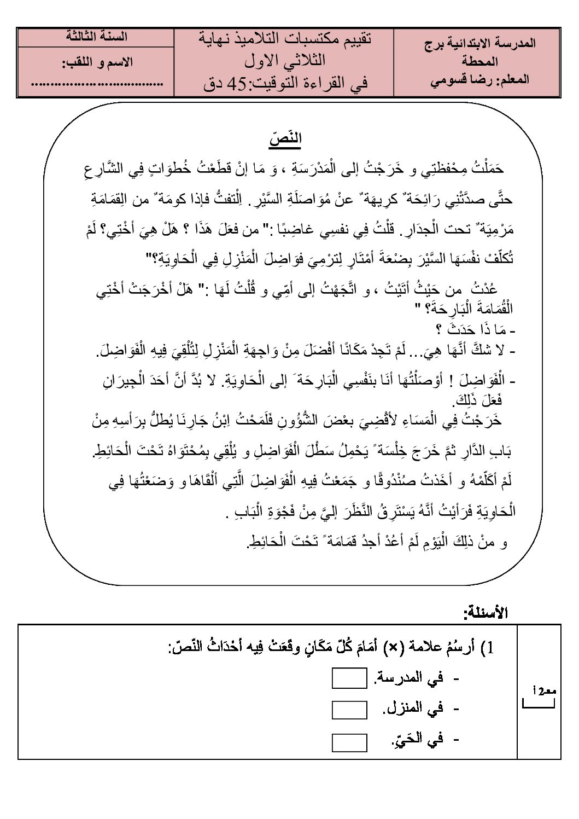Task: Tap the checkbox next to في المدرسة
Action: pyautogui.click(x=349, y=679)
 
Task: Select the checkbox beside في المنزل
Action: pyautogui.click(x=349, y=710)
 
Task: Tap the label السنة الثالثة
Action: pyautogui.click(x=96, y=37)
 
